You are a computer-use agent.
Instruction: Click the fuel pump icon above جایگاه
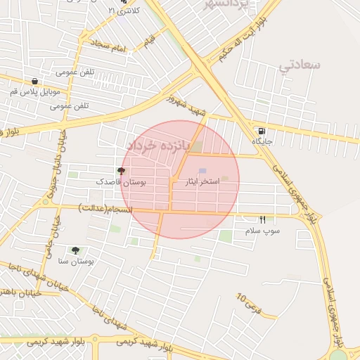coord(262,131)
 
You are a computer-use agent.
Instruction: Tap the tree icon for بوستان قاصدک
coord(121,171)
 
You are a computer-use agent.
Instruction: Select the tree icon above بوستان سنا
coord(75,250)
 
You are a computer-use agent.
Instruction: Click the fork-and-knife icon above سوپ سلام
coord(263,219)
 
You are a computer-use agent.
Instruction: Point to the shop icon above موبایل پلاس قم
coord(35,81)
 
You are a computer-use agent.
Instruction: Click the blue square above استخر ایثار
coord(202,171)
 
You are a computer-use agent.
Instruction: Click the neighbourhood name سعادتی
coord(300,65)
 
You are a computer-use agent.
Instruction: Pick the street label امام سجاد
coord(107,46)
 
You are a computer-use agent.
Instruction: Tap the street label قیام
coord(150,41)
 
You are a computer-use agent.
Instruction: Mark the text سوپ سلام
coord(262,231)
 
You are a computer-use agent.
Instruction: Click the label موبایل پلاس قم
coord(35,92)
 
